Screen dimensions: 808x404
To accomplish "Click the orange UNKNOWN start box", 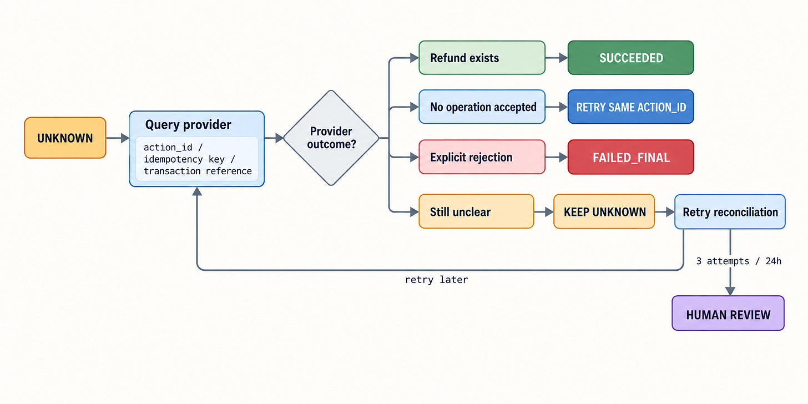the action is pos(65,138).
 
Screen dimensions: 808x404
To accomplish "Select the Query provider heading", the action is pos(188,125).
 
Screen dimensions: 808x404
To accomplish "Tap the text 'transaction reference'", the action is pos(198,171).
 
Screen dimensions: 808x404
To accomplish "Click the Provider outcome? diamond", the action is pos(331,138).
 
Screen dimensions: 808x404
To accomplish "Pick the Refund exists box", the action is pos(482,58).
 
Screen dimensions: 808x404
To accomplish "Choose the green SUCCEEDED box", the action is pos(631,58).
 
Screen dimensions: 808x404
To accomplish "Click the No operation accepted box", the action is pos(482,107).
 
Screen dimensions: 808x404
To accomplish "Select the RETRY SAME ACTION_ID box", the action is pos(631,107).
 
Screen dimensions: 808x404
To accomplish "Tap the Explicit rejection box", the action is pos(482,157).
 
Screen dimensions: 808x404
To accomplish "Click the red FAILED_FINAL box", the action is pos(631,157).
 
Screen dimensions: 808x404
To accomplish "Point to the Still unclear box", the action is pos(476,211).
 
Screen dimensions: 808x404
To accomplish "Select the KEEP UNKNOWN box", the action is pos(604,211).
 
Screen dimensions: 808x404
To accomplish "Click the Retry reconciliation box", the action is pos(730,212).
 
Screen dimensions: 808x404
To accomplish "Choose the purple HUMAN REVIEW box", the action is pos(728,313).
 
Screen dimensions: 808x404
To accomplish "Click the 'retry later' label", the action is pos(436,280).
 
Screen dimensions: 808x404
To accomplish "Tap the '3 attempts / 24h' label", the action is pos(739,261).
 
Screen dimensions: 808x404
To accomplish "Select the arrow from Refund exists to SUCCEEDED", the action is pos(557,58).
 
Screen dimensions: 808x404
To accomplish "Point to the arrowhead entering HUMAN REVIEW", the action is pos(730,291).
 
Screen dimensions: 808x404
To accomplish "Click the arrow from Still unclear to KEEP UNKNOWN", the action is pos(544,212).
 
